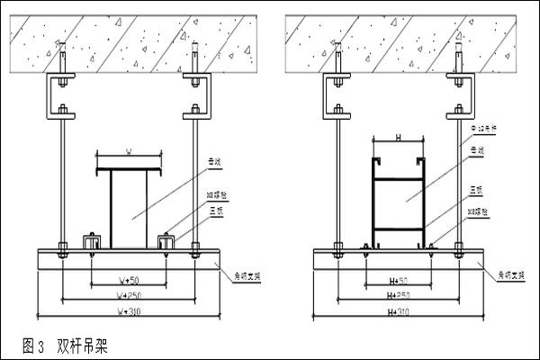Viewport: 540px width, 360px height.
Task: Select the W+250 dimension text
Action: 130,294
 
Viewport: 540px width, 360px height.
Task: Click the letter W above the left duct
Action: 129,153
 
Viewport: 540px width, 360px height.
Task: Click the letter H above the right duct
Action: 397,139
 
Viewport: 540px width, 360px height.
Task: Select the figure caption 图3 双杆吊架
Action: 67,345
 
